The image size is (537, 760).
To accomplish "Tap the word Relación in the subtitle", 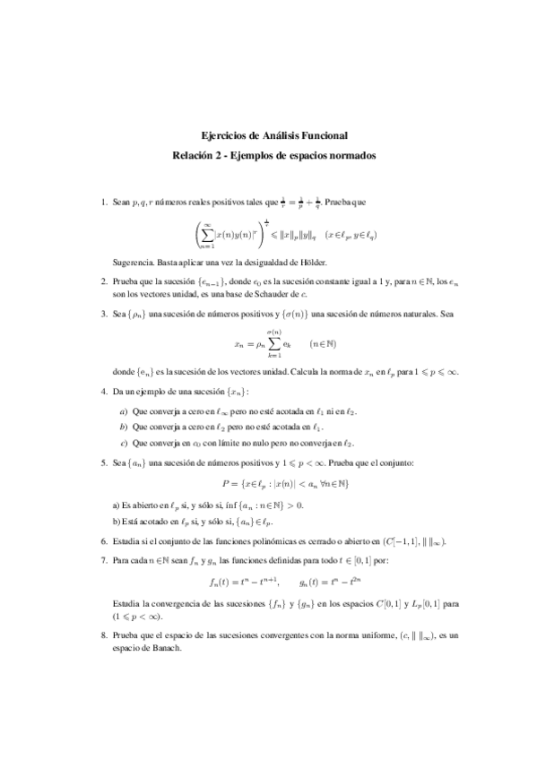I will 195,155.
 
